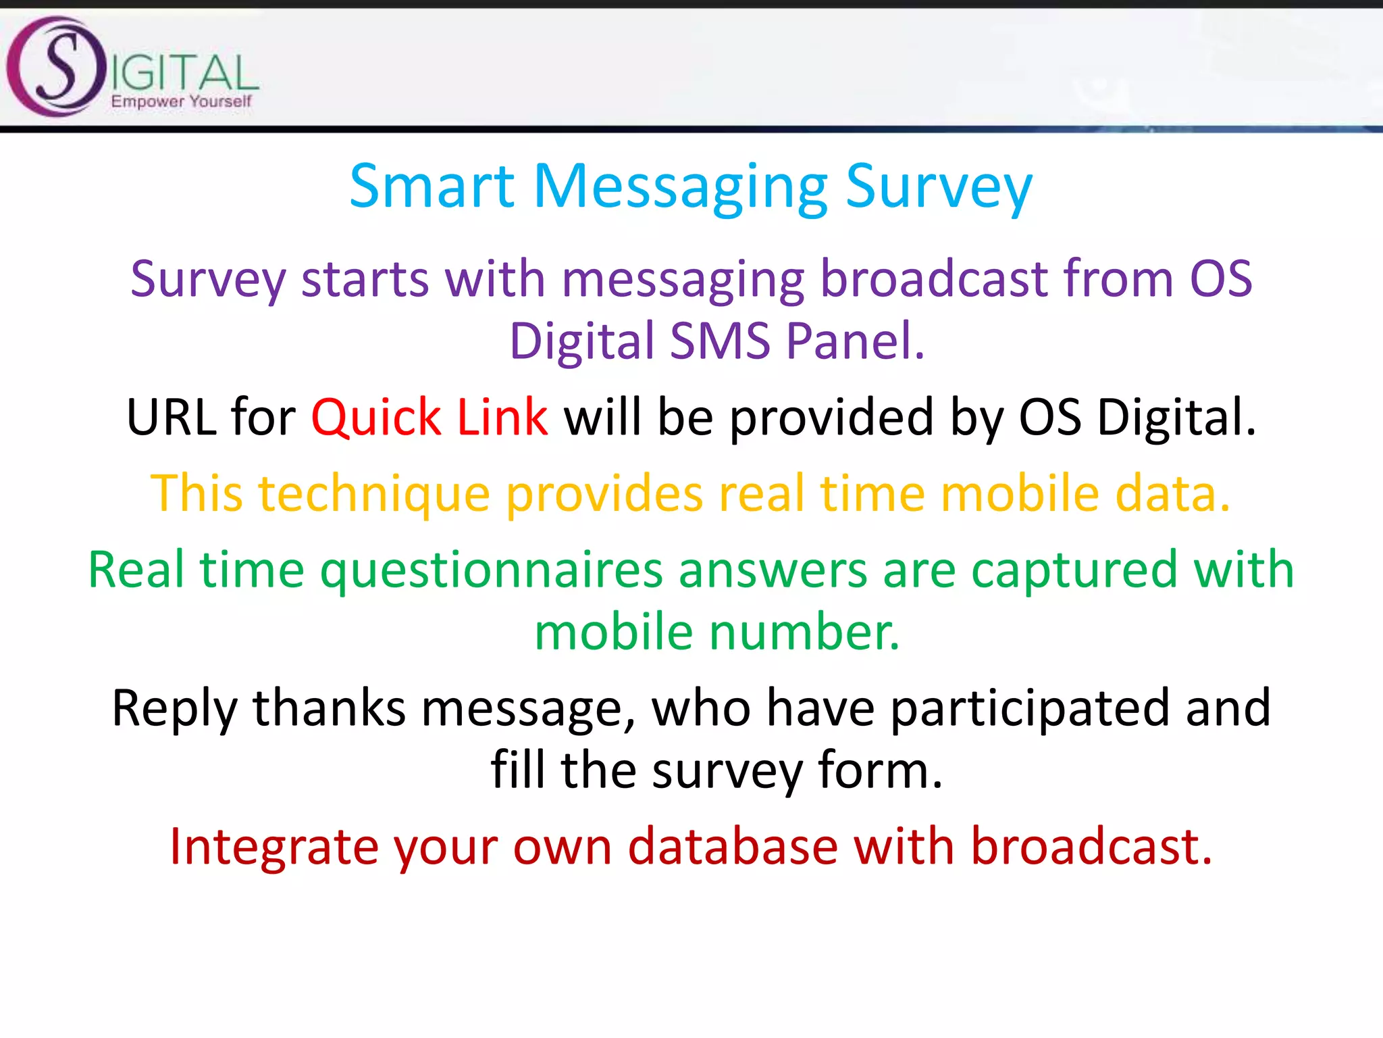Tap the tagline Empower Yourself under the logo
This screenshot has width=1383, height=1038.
click(x=181, y=101)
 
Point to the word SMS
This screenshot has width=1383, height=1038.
click(x=720, y=341)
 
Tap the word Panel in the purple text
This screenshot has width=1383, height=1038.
click(x=855, y=341)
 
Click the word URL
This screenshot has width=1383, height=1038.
click(x=171, y=418)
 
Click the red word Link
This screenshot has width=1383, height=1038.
click(x=502, y=418)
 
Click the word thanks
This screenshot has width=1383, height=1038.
click(x=329, y=708)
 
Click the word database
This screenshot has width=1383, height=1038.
click(x=733, y=847)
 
